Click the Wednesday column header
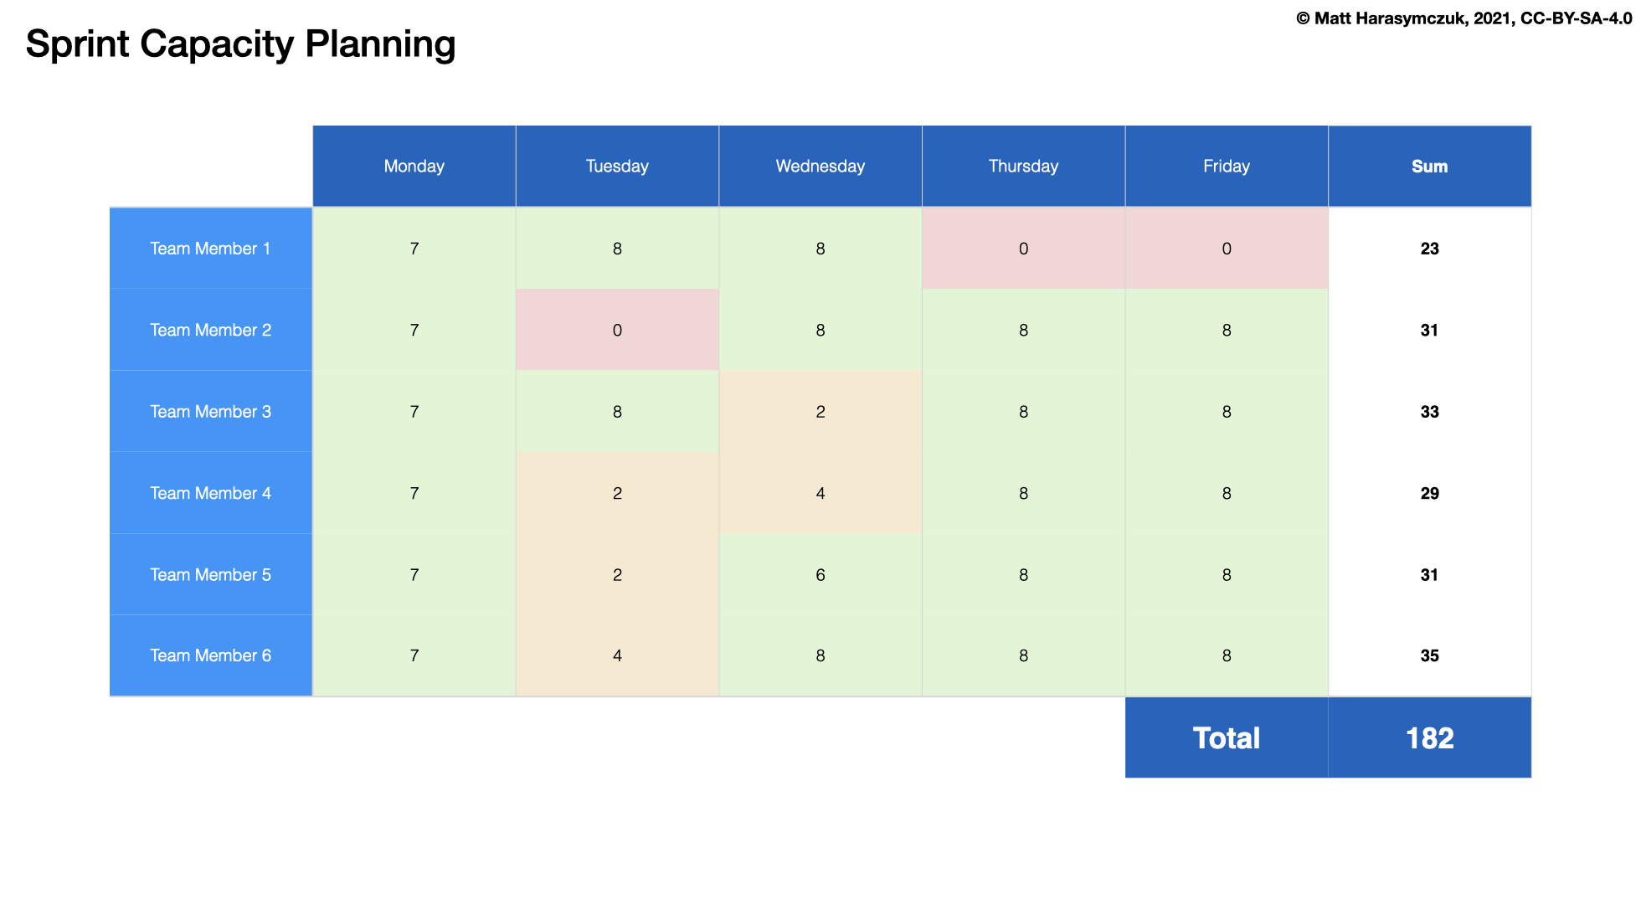pos(820,166)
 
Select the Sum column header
pos(1429,166)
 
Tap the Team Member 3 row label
pos(210,411)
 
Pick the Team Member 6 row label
pos(210,655)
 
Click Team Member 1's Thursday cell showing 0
pos(1023,249)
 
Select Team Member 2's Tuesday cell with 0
pos(617,330)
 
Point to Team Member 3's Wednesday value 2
pos(820,411)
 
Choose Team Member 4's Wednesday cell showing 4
pos(820,493)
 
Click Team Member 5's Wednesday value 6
pos(820,574)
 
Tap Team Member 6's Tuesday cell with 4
pos(617,655)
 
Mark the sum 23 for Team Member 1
pos(1429,249)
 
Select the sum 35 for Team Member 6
pos(1429,655)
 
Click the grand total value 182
pos(1429,737)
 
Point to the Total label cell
pos(1226,737)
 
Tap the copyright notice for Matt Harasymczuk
pos(1464,18)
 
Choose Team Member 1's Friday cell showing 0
pos(1226,249)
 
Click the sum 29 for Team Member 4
pos(1429,493)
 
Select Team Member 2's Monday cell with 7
pos(414,330)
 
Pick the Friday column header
pos(1226,166)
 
